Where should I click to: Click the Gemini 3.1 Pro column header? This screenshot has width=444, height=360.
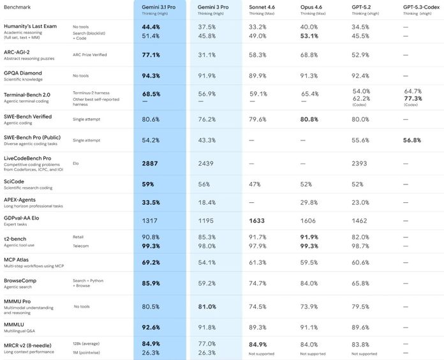[x=159, y=7]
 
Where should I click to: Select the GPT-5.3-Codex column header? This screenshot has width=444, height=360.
[x=421, y=7]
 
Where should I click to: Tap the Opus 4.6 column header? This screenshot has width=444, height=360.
[x=311, y=7]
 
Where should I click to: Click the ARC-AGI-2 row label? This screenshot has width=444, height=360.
[x=17, y=52]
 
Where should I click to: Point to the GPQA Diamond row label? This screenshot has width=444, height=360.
[x=23, y=73]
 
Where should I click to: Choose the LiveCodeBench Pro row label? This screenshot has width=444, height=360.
[x=27, y=158]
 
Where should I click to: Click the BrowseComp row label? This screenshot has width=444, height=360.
[x=20, y=281]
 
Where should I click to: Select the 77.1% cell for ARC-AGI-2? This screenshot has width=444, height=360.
[x=151, y=55]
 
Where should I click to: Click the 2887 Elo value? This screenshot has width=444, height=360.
[x=150, y=163]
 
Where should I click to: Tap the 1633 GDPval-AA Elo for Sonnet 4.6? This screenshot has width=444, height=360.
[x=257, y=221]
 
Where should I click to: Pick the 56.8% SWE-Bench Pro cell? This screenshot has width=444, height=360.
[x=412, y=140]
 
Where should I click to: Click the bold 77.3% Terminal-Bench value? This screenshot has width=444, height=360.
[x=413, y=98]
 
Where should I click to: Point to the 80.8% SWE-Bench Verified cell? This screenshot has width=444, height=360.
[x=309, y=119]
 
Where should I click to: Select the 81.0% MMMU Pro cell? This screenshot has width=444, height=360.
[x=207, y=307]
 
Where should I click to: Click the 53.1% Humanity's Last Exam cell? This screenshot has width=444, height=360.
[x=309, y=36]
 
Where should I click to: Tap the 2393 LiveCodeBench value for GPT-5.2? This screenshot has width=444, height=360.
[x=359, y=163]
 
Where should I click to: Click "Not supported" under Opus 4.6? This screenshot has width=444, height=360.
[x=313, y=354]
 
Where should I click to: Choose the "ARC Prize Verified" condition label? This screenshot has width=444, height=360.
[x=90, y=55]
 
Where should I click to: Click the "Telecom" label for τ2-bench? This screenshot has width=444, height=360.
[x=81, y=246]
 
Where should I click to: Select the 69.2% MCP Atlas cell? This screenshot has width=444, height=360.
[x=151, y=262]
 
